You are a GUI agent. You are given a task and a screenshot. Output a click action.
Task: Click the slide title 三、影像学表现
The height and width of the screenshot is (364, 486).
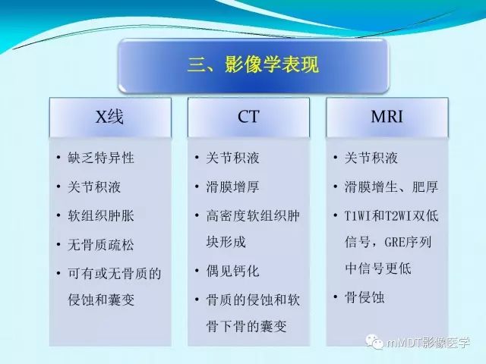pos(252,64)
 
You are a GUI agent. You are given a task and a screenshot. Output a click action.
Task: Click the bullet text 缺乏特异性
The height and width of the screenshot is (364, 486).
pos(100,158)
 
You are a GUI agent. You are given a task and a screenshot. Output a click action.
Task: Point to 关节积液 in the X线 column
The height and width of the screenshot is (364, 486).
pos(93,187)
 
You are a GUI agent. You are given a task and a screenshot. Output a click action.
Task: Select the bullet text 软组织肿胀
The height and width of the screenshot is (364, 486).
pos(100,215)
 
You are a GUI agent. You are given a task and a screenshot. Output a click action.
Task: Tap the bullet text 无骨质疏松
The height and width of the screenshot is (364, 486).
pos(100,244)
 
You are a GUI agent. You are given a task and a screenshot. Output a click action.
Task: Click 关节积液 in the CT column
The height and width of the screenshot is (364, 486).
pos(232,158)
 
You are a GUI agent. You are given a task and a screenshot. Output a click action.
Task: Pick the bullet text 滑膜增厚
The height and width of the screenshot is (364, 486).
pos(232,187)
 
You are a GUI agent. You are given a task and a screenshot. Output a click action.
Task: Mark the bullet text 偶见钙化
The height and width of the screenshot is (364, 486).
pos(232,271)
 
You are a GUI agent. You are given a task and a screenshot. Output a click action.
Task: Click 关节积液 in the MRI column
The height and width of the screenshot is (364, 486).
pos(371,158)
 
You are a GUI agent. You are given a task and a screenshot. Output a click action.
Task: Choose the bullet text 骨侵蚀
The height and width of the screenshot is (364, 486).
pos(364,297)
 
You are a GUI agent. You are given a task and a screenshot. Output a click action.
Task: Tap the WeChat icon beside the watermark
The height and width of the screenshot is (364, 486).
pos(377,342)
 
